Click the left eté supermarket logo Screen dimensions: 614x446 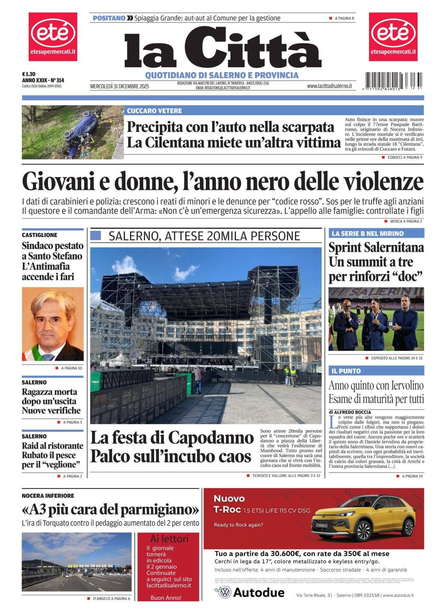coord(53,36)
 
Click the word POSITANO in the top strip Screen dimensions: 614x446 coord(109,18)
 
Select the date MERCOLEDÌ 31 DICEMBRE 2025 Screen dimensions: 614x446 coord(119,86)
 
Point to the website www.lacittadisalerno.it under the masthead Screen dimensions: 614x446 coord(329,86)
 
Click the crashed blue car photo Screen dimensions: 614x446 coord(73,132)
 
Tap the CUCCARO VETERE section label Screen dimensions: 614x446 coord(154,111)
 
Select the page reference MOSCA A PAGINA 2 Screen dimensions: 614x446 coord(406,221)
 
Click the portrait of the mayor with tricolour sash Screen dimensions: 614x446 coord(53,324)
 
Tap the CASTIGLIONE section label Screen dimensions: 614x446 coord(40,235)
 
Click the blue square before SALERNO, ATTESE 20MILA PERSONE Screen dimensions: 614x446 coord(96,236)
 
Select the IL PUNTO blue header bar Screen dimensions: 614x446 coord(376,371)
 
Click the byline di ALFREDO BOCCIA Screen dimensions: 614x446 coord(350,412)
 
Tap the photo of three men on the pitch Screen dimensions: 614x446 coord(376,319)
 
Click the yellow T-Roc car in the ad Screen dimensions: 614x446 coord(363,520)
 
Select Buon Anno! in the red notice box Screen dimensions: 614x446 coord(166,598)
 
